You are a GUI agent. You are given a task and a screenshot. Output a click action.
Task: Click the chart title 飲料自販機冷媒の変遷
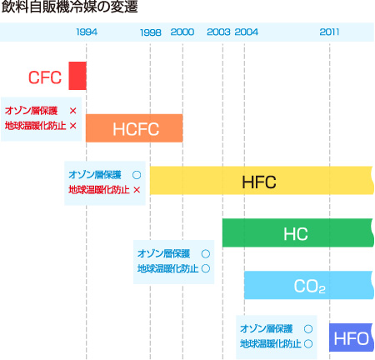click(x=69, y=7)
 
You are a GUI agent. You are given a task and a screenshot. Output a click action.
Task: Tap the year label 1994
click(x=87, y=32)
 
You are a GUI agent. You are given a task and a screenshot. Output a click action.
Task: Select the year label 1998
click(x=151, y=32)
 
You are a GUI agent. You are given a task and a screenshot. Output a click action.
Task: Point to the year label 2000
click(x=182, y=32)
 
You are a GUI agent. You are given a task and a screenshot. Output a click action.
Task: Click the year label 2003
click(x=218, y=32)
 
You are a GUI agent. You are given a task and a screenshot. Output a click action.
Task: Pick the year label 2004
click(x=247, y=32)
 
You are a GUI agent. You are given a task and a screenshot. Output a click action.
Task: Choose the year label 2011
click(x=329, y=32)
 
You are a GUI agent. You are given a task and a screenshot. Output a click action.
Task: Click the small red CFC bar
click(x=77, y=76)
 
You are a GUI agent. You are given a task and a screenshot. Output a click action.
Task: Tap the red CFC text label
click(x=45, y=77)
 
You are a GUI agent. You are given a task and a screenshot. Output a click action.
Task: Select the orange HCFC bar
click(x=134, y=128)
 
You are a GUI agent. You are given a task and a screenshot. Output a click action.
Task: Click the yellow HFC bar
click(x=262, y=180)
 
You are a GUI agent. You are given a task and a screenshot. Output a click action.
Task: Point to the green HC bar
click(x=298, y=232)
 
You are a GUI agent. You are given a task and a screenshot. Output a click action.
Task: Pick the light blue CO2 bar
click(x=309, y=285)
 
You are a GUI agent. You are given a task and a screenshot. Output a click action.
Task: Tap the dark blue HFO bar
click(x=352, y=337)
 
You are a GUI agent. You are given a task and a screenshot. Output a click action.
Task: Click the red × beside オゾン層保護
click(x=73, y=111)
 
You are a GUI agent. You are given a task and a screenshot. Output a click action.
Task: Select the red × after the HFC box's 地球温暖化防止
click(x=137, y=190)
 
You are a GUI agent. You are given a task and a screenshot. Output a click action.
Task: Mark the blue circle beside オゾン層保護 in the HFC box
click(x=137, y=175)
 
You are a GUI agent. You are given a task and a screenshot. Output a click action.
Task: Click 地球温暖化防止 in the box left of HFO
click(x=271, y=344)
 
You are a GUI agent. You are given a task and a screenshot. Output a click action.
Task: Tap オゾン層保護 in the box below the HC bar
click(x=163, y=253)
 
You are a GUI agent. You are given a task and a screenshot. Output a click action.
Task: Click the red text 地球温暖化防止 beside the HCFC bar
click(x=35, y=126)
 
